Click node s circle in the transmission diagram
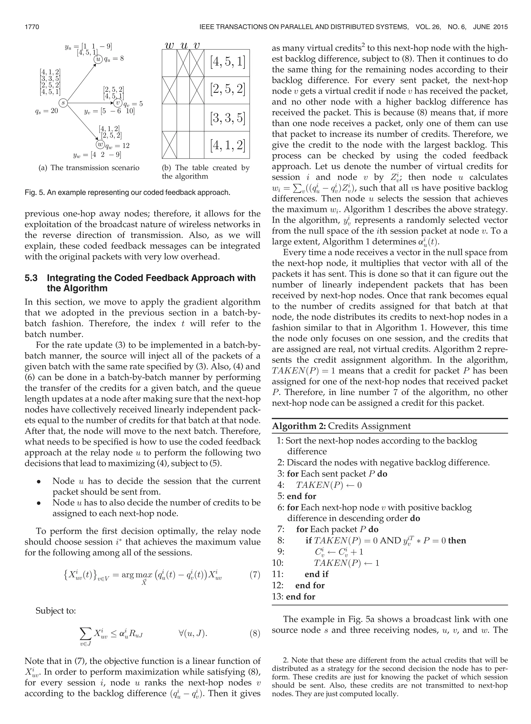pyautogui.click(x=64, y=103)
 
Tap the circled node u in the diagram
pyautogui.click(x=98, y=59)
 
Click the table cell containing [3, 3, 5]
pyautogui.click(x=227, y=118)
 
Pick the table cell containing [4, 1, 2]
pyautogui.click(x=227, y=145)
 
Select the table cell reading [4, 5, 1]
pyautogui.click(x=227, y=63)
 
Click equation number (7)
pyautogui.click(x=255, y=574)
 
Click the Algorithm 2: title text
pyautogui.click(x=299, y=426)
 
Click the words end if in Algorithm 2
pyautogui.click(x=317, y=574)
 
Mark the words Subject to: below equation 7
pyautogui.click(x=55, y=610)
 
